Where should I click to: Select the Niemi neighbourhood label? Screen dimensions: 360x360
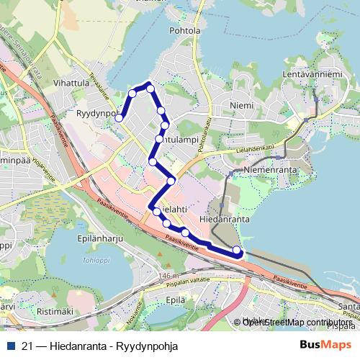[242, 106]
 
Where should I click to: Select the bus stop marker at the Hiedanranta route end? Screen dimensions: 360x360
[237, 250]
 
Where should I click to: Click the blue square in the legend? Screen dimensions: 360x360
[9, 346]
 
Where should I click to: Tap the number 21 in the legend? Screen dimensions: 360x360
[27, 346]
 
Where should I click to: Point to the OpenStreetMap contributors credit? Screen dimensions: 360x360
[296, 323]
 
